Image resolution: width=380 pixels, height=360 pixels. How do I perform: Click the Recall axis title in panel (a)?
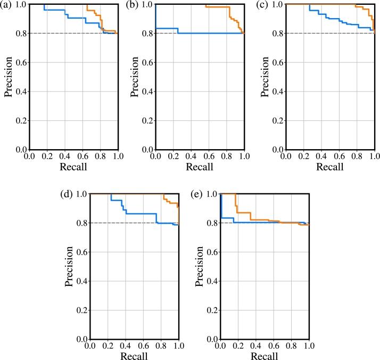click(73, 166)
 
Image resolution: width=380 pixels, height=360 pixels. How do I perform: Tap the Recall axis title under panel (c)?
click(330, 166)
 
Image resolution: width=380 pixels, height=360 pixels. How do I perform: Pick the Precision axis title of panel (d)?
click(70, 266)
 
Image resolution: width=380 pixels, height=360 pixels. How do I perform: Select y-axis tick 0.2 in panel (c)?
click(276, 120)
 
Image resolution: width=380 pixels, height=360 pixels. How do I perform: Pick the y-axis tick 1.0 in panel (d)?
click(81, 194)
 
